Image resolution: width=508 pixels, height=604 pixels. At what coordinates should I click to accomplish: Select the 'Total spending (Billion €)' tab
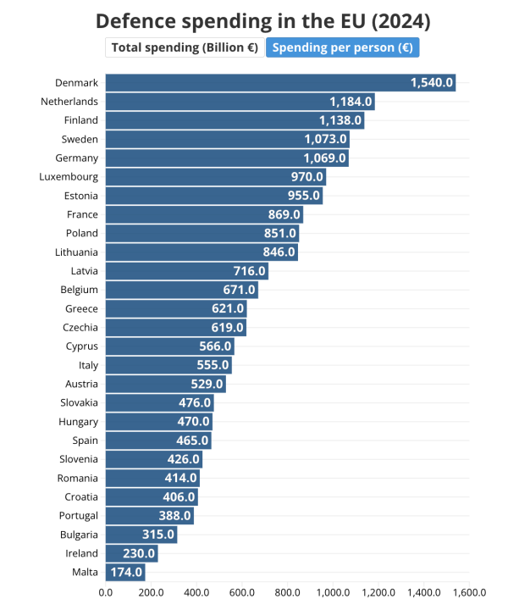tap(185, 47)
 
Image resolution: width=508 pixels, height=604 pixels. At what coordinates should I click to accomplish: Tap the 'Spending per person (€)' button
tap(343, 47)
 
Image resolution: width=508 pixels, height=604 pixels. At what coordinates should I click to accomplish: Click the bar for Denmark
tap(280, 82)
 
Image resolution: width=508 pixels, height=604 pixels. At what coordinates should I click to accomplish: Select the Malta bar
tap(125, 573)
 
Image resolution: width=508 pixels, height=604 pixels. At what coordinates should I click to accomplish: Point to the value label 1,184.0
tap(351, 102)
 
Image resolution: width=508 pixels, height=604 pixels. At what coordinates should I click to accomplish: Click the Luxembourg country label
tap(69, 177)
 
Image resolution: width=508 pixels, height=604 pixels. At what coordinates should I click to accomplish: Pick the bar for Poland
tap(202, 233)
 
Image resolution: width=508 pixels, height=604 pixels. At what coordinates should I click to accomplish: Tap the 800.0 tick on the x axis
tap(287, 592)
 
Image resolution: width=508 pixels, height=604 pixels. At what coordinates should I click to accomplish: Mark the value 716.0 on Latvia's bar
tap(249, 271)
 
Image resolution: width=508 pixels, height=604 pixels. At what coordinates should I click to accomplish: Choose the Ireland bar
tap(131, 553)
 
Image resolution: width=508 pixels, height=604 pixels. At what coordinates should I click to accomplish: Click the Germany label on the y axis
tap(77, 158)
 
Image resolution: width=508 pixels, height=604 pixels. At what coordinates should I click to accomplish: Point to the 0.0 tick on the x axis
tap(106, 592)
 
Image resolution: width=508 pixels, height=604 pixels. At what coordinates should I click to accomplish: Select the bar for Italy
tap(168, 365)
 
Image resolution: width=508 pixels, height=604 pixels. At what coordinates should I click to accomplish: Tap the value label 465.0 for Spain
tap(192, 441)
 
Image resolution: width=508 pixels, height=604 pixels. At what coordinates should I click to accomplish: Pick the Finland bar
tap(235, 120)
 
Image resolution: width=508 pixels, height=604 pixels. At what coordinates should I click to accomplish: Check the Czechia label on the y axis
tap(80, 327)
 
